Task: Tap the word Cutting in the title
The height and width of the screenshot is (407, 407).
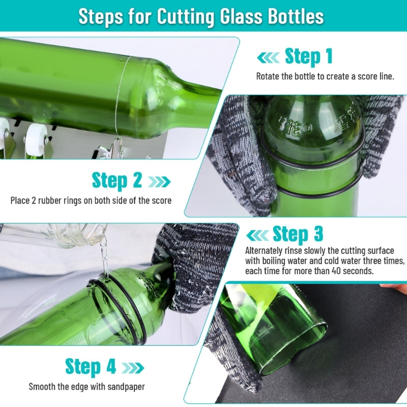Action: coord(186,17)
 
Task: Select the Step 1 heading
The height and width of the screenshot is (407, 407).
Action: coord(309,56)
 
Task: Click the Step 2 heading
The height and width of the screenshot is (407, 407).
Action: coord(117,180)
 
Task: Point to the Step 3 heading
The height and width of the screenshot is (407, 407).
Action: coord(298,234)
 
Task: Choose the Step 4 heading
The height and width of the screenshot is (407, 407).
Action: coord(91,367)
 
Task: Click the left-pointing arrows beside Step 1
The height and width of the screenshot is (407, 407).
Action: coord(269,57)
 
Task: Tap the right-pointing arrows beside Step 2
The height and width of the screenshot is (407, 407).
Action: coord(159,182)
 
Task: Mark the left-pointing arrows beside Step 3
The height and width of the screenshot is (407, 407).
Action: coord(257,235)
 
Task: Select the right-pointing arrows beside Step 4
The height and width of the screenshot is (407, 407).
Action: coord(133,368)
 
